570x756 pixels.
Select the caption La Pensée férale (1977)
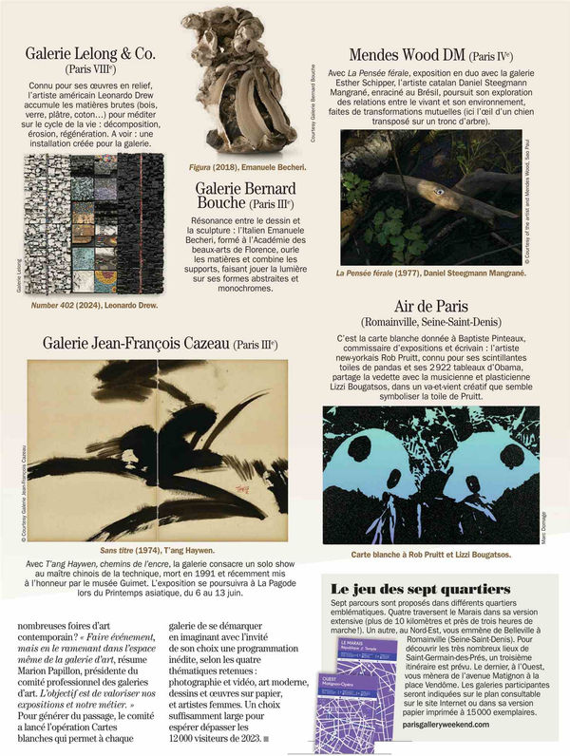[x=429, y=273]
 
